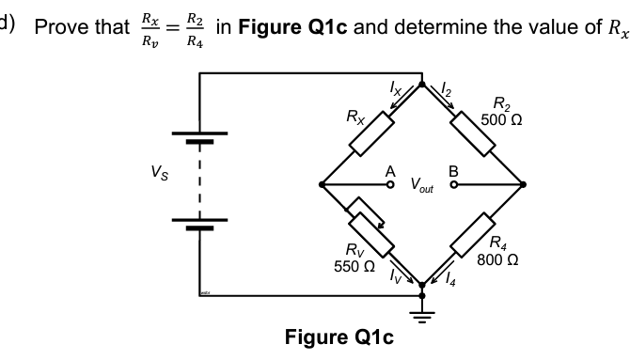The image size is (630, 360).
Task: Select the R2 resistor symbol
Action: coord(472,134)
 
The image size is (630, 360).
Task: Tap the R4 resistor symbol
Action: coord(472,235)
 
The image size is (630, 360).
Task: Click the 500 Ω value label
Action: coord(501,120)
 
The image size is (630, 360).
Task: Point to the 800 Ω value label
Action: coord(498,260)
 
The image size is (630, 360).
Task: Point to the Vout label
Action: coord(422,187)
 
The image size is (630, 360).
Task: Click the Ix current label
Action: coord(396,87)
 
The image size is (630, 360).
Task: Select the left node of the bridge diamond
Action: coord(322,184)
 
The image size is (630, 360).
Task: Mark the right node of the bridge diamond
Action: coord(524,184)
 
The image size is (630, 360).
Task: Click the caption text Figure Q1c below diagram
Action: coord(337,337)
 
